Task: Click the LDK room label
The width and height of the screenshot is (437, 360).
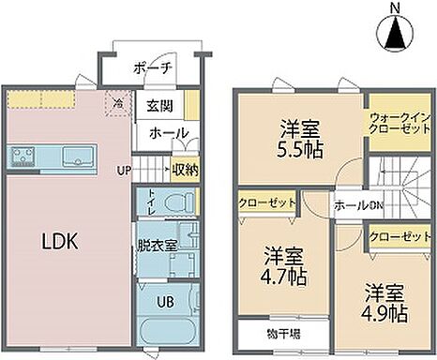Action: click(x=58, y=241)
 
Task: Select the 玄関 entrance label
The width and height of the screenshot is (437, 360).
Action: click(x=158, y=105)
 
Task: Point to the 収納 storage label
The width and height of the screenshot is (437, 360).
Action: click(x=186, y=171)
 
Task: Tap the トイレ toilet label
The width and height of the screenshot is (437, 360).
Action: click(x=152, y=202)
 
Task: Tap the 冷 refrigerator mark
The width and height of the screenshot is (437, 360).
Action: click(x=117, y=105)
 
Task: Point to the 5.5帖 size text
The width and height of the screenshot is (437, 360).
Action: click(x=298, y=149)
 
